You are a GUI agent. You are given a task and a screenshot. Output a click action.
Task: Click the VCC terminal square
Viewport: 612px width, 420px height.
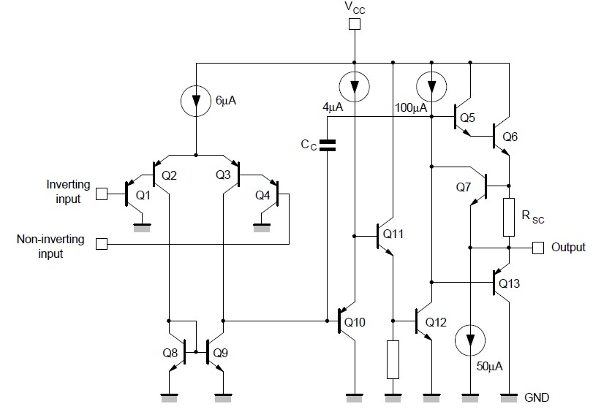355,25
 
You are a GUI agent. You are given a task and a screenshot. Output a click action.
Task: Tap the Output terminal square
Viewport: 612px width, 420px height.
538,248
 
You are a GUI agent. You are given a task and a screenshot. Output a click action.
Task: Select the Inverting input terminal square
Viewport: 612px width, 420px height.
102,194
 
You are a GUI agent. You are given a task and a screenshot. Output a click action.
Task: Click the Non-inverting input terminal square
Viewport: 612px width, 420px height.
102,244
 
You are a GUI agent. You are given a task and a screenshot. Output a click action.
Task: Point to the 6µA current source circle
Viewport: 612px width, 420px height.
196,102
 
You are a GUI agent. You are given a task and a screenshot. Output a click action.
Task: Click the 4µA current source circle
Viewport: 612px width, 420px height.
355,87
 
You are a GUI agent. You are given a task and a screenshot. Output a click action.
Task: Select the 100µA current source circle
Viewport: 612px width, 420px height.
431,87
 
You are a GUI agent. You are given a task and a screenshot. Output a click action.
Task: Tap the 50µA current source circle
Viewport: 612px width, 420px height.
469,340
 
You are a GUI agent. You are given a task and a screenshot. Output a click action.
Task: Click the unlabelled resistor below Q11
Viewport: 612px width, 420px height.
393,359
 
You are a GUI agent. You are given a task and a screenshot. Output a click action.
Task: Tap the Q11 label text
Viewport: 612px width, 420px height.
393,234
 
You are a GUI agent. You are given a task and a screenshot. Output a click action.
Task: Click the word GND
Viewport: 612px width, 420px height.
537,398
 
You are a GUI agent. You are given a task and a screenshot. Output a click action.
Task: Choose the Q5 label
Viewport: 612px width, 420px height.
468,118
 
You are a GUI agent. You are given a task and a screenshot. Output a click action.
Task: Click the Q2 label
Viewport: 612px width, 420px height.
169,175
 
